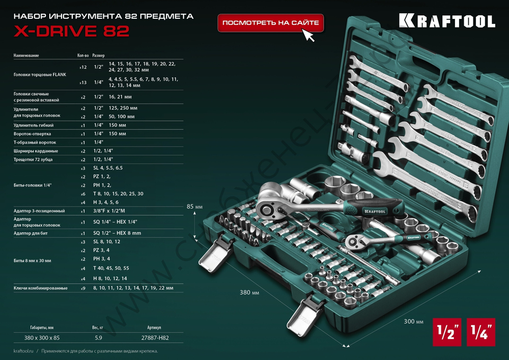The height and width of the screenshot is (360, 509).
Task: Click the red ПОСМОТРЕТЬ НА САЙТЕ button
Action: (271, 23)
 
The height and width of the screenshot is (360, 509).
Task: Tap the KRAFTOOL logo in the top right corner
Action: (446, 20)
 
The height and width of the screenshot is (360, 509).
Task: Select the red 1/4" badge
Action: (480, 332)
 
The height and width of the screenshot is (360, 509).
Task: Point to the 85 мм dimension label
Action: (195, 207)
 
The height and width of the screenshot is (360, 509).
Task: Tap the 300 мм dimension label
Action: (413, 322)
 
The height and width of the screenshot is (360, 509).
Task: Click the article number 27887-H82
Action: (155, 338)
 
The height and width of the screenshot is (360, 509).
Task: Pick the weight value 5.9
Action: (99, 338)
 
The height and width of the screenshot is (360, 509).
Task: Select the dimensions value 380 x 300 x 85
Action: (42, 338)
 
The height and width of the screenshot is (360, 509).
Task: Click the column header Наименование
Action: (26, 55)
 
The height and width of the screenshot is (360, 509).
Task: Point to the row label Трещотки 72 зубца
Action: (34, 159)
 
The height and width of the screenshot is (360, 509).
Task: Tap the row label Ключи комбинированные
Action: (40, 288)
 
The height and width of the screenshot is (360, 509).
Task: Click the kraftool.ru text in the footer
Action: (24, 351)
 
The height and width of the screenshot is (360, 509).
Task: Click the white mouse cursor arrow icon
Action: (308, 36)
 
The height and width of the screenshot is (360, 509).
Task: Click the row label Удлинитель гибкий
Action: (33, 125)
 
